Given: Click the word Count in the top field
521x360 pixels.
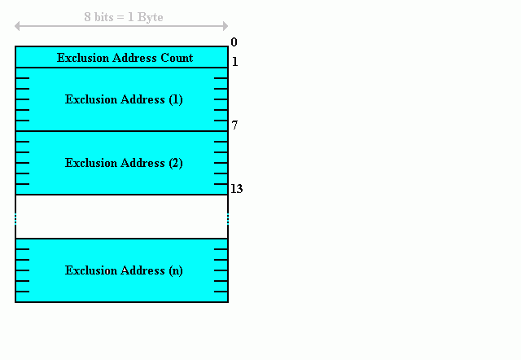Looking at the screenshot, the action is click(177, 58).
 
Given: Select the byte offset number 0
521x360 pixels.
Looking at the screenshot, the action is click(234, 42).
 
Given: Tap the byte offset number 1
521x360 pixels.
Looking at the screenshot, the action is click(235, 62).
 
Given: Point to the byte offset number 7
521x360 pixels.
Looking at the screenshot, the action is click(234, 125).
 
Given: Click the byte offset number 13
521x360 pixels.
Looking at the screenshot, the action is click(237, 189).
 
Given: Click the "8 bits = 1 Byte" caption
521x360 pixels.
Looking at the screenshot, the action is click(124, 17).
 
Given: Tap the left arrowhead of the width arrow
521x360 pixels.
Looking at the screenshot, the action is click(17, 26).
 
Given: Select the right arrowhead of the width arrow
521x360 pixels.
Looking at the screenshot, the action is click(225, 26).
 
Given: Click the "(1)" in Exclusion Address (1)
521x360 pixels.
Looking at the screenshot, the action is click(176, 99).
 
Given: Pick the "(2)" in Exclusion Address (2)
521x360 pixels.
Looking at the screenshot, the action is click(176, 163).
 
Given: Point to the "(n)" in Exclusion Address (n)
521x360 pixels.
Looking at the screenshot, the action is click(176, 270).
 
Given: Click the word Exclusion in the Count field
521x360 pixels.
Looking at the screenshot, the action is click(83, 58).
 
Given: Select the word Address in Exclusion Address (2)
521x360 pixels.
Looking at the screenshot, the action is click(142, 163).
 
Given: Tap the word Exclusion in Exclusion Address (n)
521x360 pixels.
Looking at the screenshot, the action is click(91, 270).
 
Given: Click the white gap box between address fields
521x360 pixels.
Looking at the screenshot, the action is click(121, 217).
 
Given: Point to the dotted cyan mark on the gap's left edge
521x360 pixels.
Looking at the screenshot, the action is click(15, 219).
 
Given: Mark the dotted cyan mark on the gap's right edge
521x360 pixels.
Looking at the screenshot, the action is click(228, 219).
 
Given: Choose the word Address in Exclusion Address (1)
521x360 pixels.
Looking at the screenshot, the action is click(142, 99).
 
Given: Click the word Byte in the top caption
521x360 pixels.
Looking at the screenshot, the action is click(150, 18).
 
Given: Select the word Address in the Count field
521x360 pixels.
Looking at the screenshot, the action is click(134, 58).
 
